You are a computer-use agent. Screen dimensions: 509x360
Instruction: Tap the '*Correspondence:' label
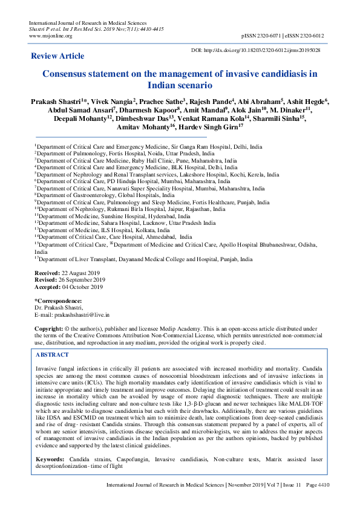tap(58, 300)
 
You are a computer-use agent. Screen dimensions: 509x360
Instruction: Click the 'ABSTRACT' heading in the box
tap(53, 355)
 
